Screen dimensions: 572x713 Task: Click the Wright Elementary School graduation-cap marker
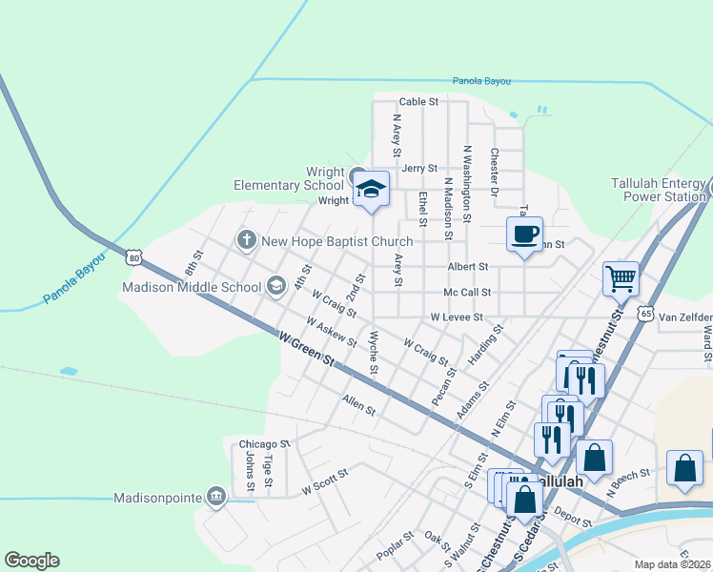pos(372,189)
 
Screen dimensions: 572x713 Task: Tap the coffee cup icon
pos(523,234)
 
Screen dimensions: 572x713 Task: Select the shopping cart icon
pos(621,279)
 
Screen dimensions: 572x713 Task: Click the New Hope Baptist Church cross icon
pos(246,240)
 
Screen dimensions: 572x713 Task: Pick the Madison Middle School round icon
pos(275,286)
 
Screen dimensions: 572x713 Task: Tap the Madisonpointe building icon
pos(215,497)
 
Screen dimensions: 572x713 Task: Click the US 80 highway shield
pos(133,257)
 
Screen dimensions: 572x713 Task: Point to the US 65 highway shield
pos(646,313)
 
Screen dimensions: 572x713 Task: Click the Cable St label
pos(418,101)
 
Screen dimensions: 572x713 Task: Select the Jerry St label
pos(418,168)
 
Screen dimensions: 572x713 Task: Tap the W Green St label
pos(307,349)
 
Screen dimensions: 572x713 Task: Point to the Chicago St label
pos(263,444)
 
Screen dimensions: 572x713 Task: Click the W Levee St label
pos(457,317)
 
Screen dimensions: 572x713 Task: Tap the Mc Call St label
pos(467,293)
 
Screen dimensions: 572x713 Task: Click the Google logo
pos(31,561)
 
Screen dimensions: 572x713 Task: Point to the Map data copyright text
pos(673,564)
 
